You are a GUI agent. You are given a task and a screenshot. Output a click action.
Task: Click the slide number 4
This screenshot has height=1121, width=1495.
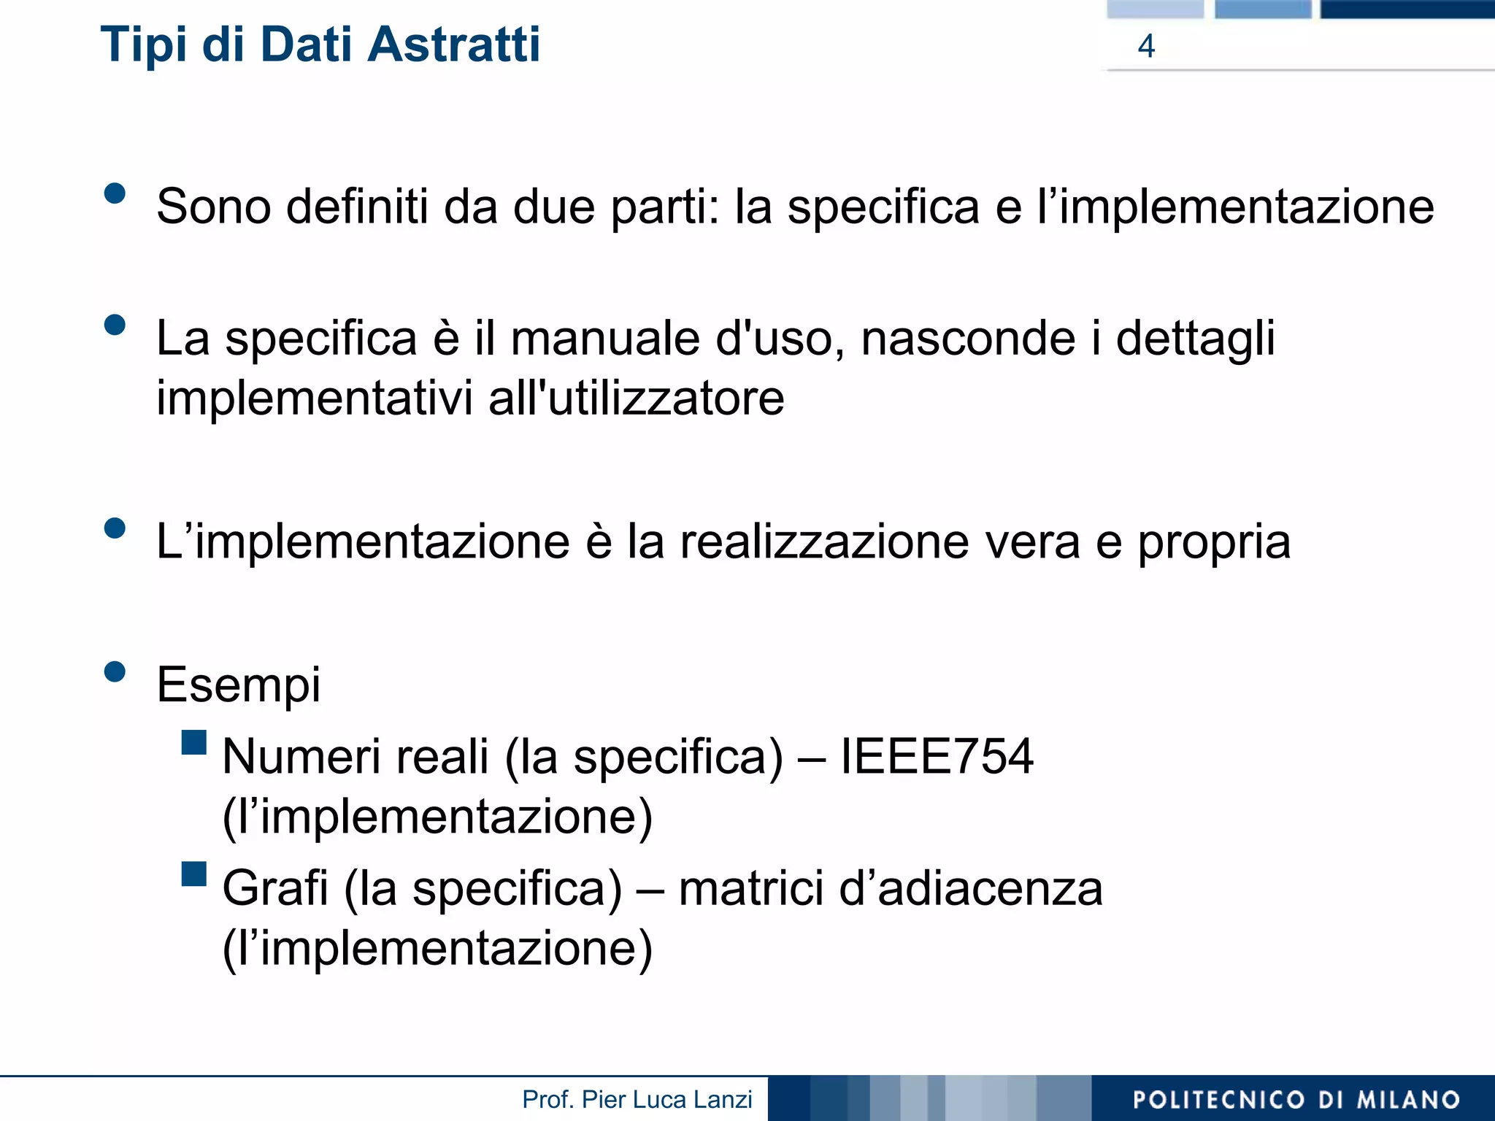click(x=1146, y=46)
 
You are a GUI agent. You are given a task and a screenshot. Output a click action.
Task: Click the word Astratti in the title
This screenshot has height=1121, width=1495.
click(x=453, y=45)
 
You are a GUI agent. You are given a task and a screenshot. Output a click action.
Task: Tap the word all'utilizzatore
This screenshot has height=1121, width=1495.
click(x=636, y=398)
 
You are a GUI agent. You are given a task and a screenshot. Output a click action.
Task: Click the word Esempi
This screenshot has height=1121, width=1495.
click(x=239, y=686)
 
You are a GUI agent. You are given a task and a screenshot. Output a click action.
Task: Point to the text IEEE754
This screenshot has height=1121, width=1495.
click(x=937, y=756)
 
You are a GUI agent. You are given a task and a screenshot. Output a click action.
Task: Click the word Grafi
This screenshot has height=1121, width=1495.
click(x=275, y=888)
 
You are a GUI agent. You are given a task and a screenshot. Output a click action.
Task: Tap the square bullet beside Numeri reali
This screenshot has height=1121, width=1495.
click(x=194, y=742)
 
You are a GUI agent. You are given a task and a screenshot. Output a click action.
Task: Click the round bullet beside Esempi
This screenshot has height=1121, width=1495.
click(x=115, y=671)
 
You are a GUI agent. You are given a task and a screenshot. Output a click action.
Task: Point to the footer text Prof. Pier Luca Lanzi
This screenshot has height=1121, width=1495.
click(x=637, y=1099)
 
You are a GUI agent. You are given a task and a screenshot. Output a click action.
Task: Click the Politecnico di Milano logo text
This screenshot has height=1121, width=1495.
click(x=1296, y=1099)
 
